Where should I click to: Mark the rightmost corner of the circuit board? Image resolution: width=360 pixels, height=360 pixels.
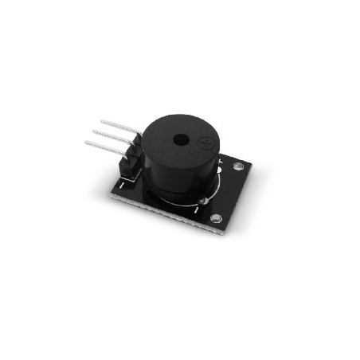pyautogui.click(x=252, y=165)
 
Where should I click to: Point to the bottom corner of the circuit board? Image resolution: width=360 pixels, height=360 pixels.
pyautogui.click(x=220, y=233)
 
